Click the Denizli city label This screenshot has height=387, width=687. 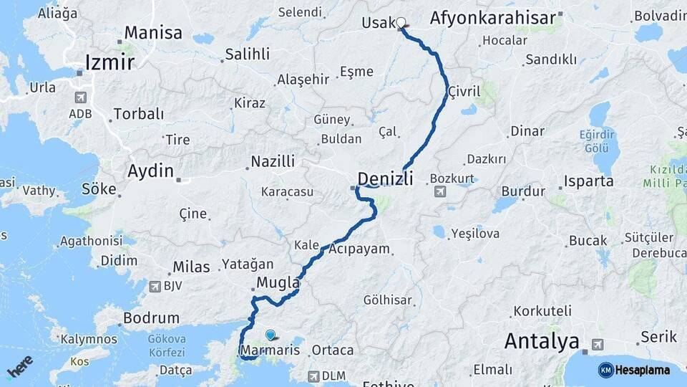(x=385, y=178)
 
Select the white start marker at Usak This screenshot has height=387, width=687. (x=401, y=23)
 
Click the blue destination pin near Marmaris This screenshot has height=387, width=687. (x=270, y=335)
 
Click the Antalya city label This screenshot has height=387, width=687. (x=542, y=341)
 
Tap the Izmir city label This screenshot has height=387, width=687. (x=109, y=62)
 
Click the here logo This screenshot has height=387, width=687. (x=19, y=367)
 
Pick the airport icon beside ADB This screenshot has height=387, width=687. (x=80, y=97)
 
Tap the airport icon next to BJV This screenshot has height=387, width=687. (x=155, y=286)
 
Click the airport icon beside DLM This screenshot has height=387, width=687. (x=313, y=376)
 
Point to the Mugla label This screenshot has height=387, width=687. (x=277, y=280)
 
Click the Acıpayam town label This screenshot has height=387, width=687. (x=359, y=249)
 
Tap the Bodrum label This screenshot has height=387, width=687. (x=151, y=317)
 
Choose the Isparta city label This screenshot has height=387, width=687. (x=588, y=181)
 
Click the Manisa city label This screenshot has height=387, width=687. (x=153, y=33)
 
